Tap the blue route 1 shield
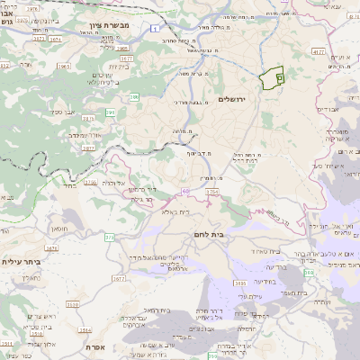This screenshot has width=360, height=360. click(154, 28)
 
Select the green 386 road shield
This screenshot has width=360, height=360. click(134, 96)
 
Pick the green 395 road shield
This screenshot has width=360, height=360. click(111, 112)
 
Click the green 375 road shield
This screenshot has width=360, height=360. click(109, 237)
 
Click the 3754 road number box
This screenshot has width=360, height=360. click(212, 192)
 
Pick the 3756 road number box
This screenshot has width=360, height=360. click(91, 183)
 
